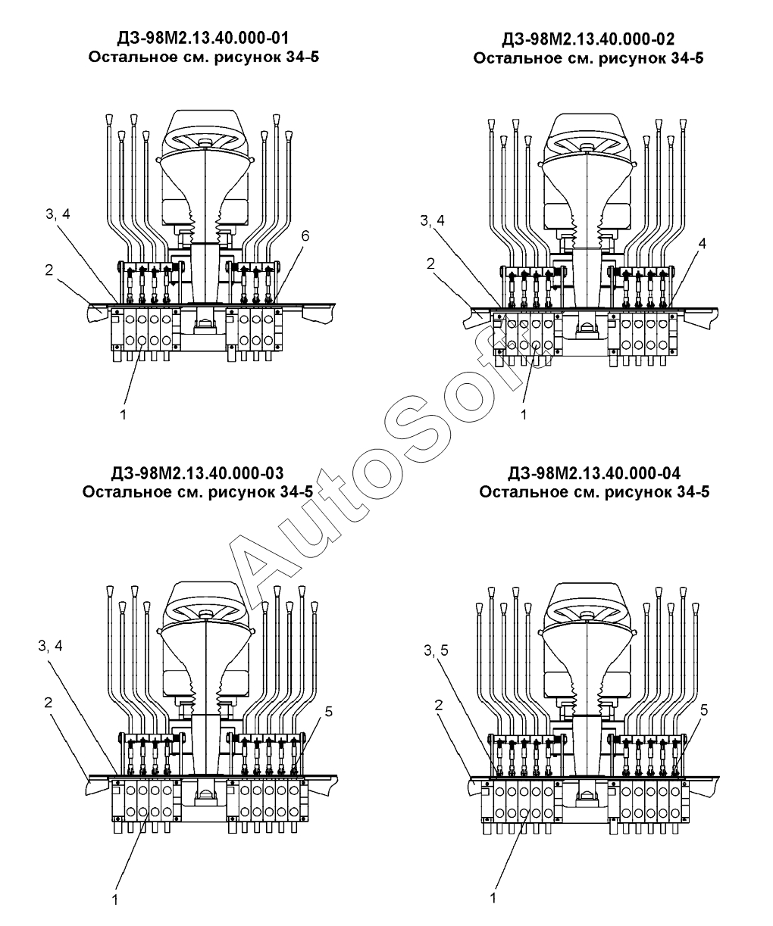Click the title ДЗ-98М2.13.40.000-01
[x=203, y=38]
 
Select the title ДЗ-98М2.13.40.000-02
[x=588, y=39]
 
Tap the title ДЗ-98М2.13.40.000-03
[x=197, y=473]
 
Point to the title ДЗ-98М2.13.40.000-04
[x=593, y=473]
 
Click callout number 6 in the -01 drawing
[x=305, y=236]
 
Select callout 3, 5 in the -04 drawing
[x=436, y=650]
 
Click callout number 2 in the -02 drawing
[x=430, y=264]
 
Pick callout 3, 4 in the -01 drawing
[x=58, y=214]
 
